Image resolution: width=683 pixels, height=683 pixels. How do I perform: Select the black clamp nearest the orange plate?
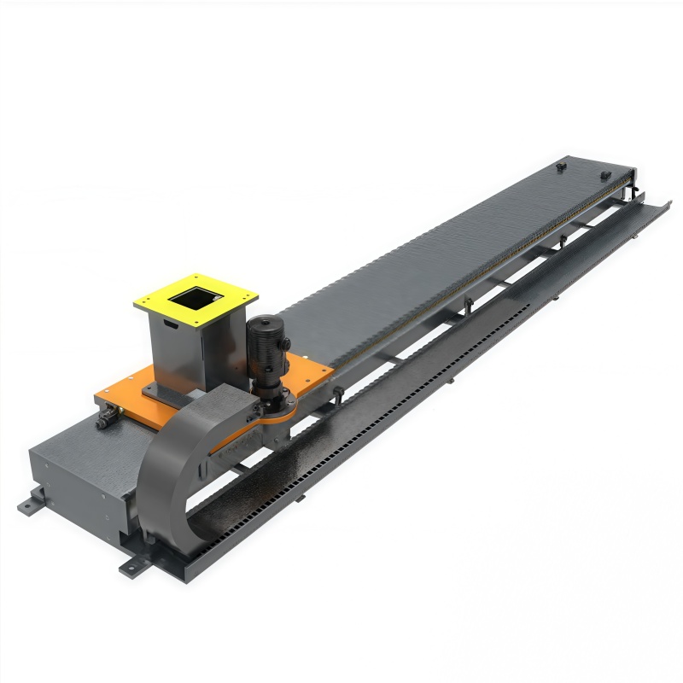click(x=339, y=394)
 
